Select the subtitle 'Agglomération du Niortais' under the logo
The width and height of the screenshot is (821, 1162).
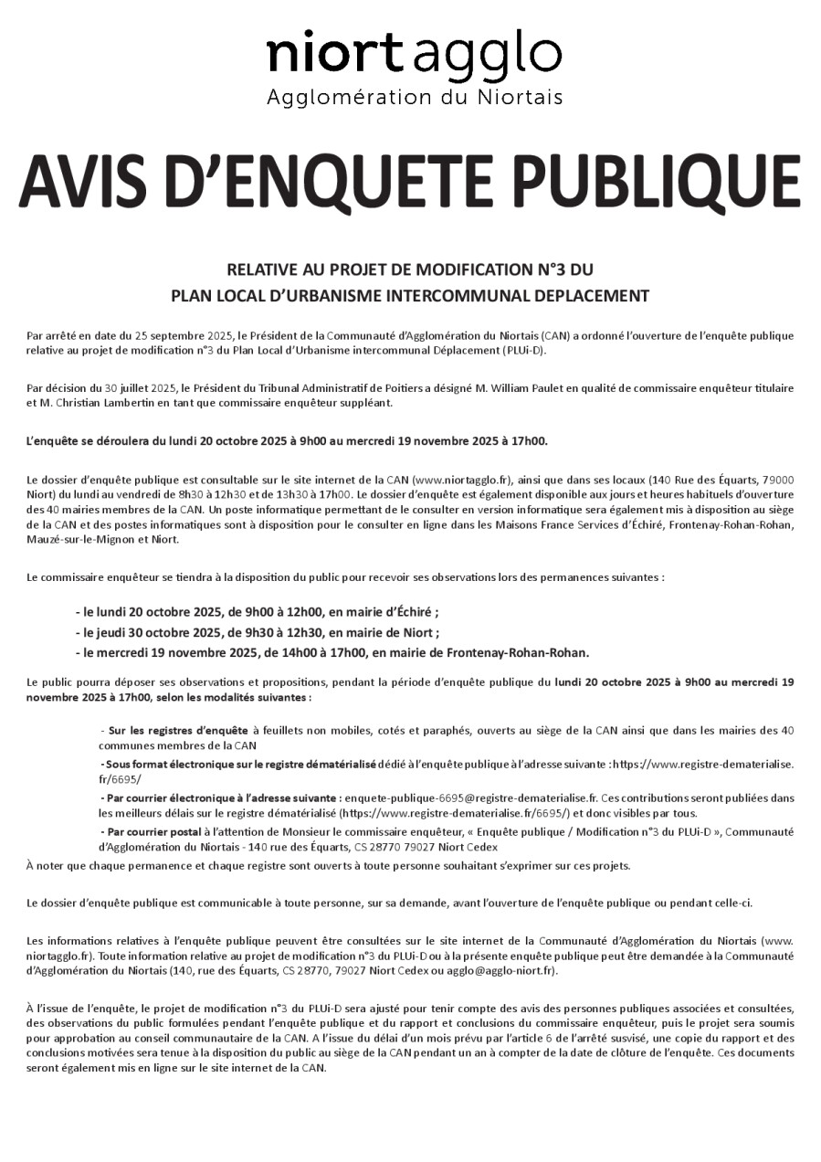pos(414,97)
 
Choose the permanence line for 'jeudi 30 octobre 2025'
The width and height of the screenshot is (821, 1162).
pos(256,632)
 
